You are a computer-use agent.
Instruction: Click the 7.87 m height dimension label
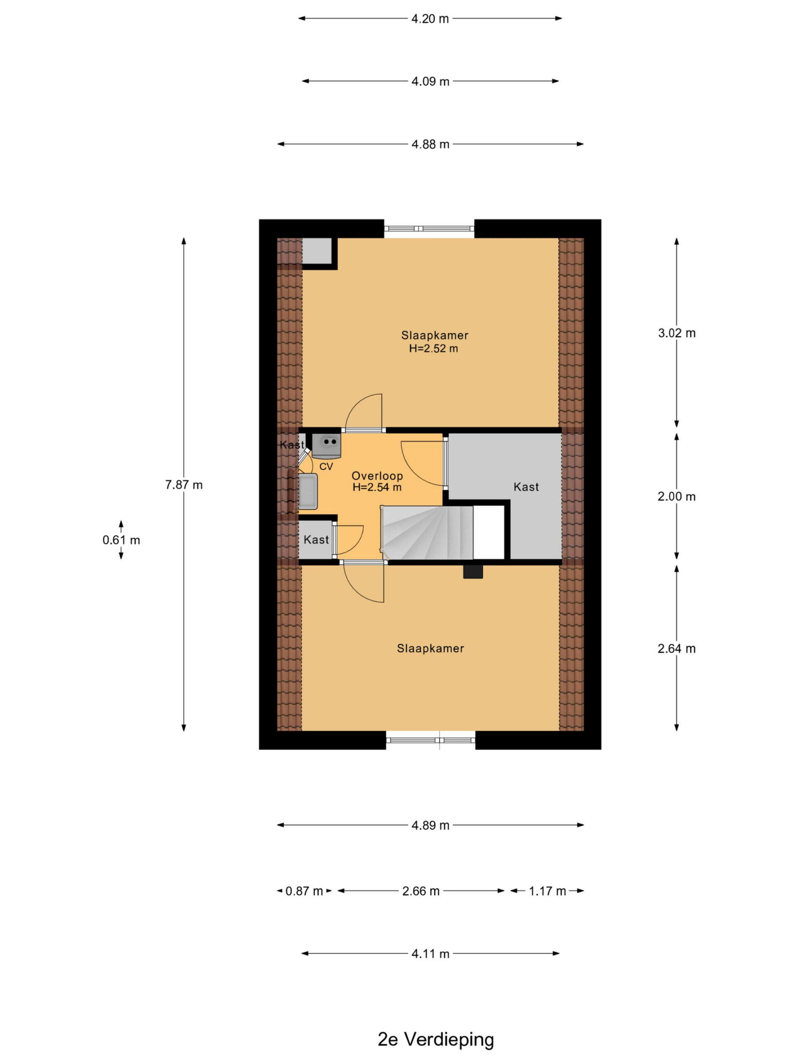(x=184, y=485)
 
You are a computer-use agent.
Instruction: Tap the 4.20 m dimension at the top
(x=430, y=19)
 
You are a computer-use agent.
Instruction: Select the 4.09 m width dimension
(x=430, y=81)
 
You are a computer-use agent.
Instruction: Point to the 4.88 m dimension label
(x=430, y=144)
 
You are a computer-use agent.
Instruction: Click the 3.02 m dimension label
(x=676, y=333)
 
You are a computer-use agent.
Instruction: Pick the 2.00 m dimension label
(x=676, y=496)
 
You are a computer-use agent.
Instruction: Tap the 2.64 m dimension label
(x=676, y=648)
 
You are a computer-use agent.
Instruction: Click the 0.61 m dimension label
(x=121, y=540)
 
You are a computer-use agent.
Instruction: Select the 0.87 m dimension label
(x=304, y=891)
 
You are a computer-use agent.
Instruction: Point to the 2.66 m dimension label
(x=421, y=891)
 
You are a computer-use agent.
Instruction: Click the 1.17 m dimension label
(x=547, y=891)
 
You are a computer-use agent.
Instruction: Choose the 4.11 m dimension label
(x=430, y=953)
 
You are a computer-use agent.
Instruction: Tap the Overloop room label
(x=377, y=476)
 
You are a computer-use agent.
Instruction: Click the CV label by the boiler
(x=326, y=467)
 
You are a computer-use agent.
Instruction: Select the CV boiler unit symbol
(x=327, y=445)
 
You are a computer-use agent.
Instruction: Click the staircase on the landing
(x=427, y=532)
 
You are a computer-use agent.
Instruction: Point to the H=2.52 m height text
(x=433, y=348)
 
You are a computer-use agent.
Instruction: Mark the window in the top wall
(x=429, y=229)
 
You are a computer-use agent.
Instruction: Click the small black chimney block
(x=473, y=571)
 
